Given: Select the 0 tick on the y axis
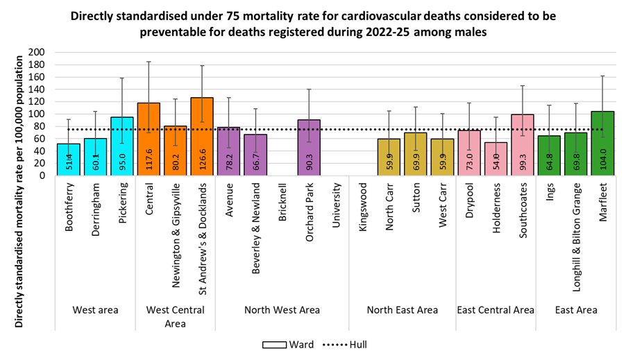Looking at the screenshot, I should pyautogui.click(x=42, y=175).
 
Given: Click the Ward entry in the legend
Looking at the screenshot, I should pyautogui.click(x=287, y=345).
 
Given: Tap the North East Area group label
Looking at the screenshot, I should pyautogui.click(x=402, y=310).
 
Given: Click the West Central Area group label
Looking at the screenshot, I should pyautogui.click(x=175, y=316).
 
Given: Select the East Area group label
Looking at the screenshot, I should pyautogui.click(x=576, y=310).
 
